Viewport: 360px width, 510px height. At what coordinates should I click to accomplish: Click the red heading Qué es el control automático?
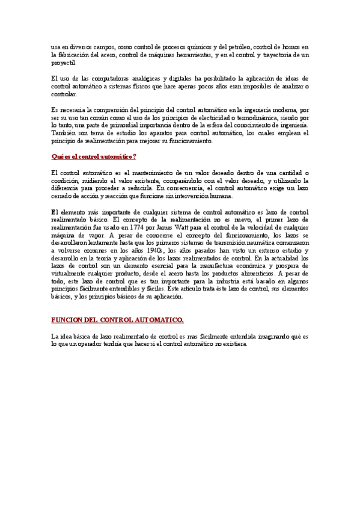click(94, 157)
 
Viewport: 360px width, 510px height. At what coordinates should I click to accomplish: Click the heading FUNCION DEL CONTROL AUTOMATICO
click(117, 320)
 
